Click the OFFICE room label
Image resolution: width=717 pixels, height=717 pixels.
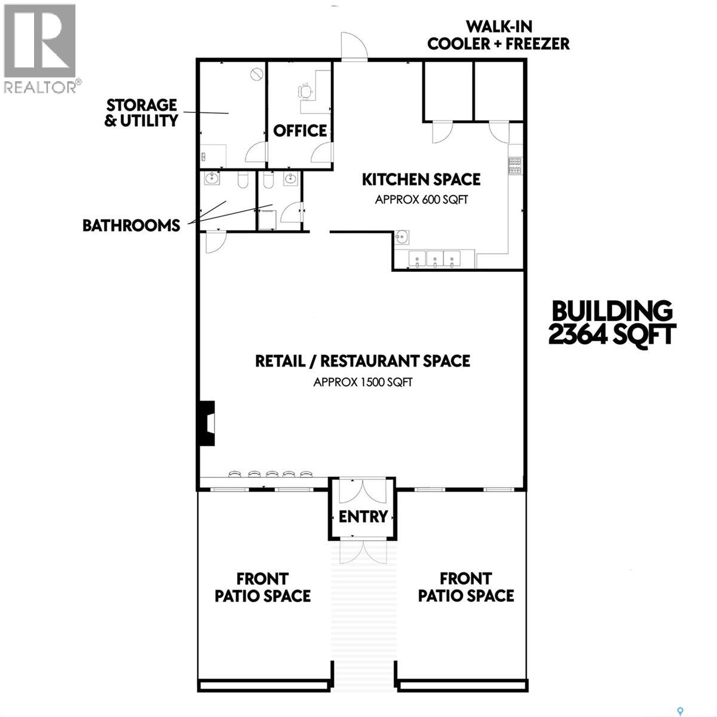tap(300, 131)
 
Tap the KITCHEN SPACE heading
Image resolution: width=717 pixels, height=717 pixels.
tap(421, 180)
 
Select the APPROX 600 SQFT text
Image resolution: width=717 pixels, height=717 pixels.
tap(421, 200)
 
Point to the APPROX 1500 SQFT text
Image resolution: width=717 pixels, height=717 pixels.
tap(363, 382)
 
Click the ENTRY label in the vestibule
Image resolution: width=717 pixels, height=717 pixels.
tap(363, 516)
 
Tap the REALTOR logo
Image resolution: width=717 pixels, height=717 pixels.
tap(40, 48)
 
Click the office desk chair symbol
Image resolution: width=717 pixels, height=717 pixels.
tap(305, 91)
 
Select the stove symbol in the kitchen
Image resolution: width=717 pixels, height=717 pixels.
tap(515, 165)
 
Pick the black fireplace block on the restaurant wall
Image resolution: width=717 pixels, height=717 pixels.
tap(207, 423)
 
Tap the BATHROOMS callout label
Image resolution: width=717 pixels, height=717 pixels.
tap(131, 225)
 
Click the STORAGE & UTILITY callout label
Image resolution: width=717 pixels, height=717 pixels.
tap(142, 113)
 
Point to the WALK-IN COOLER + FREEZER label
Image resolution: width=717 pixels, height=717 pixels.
tap(498, 35)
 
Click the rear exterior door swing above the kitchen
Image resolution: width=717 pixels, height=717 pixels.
tap(354, 45)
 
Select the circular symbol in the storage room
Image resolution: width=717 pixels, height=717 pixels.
tap(257, 75)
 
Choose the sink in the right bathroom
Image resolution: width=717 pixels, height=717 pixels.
tap(290, 178)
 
